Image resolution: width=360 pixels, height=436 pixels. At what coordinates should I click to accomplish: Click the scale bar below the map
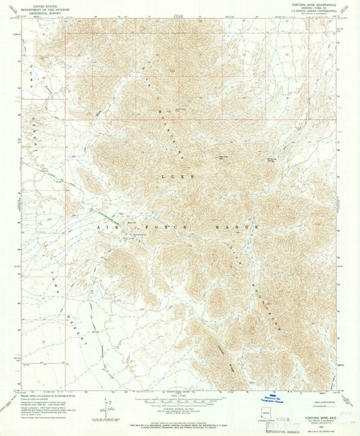(x=179, y=399)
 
